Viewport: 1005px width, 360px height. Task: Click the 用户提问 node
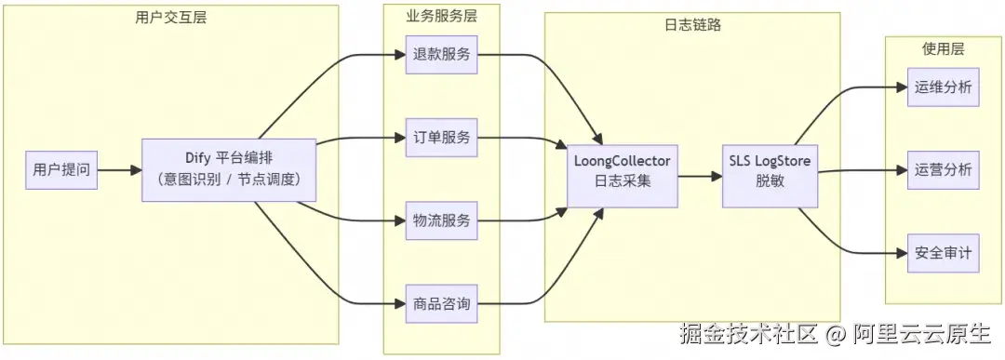coord(61,170)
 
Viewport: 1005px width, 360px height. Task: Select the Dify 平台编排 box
coord(230,170)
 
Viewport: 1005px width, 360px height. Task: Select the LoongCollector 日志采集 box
coord(623,171)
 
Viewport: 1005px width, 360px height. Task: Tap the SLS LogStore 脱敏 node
coord(770,171)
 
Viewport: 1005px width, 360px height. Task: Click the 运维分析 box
coord(943,87)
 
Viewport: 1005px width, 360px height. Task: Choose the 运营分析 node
coord(943,170)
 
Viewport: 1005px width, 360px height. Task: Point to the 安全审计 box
coord(943,253)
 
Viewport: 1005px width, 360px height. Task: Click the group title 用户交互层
coord(170,17)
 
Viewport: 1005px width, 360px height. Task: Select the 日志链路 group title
coord(693,25)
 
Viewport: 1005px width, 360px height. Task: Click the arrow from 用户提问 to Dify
coord(119,170)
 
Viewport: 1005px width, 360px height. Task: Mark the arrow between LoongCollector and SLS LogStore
coord(701,171)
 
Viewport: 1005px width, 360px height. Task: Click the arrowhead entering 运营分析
coord(900,170)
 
